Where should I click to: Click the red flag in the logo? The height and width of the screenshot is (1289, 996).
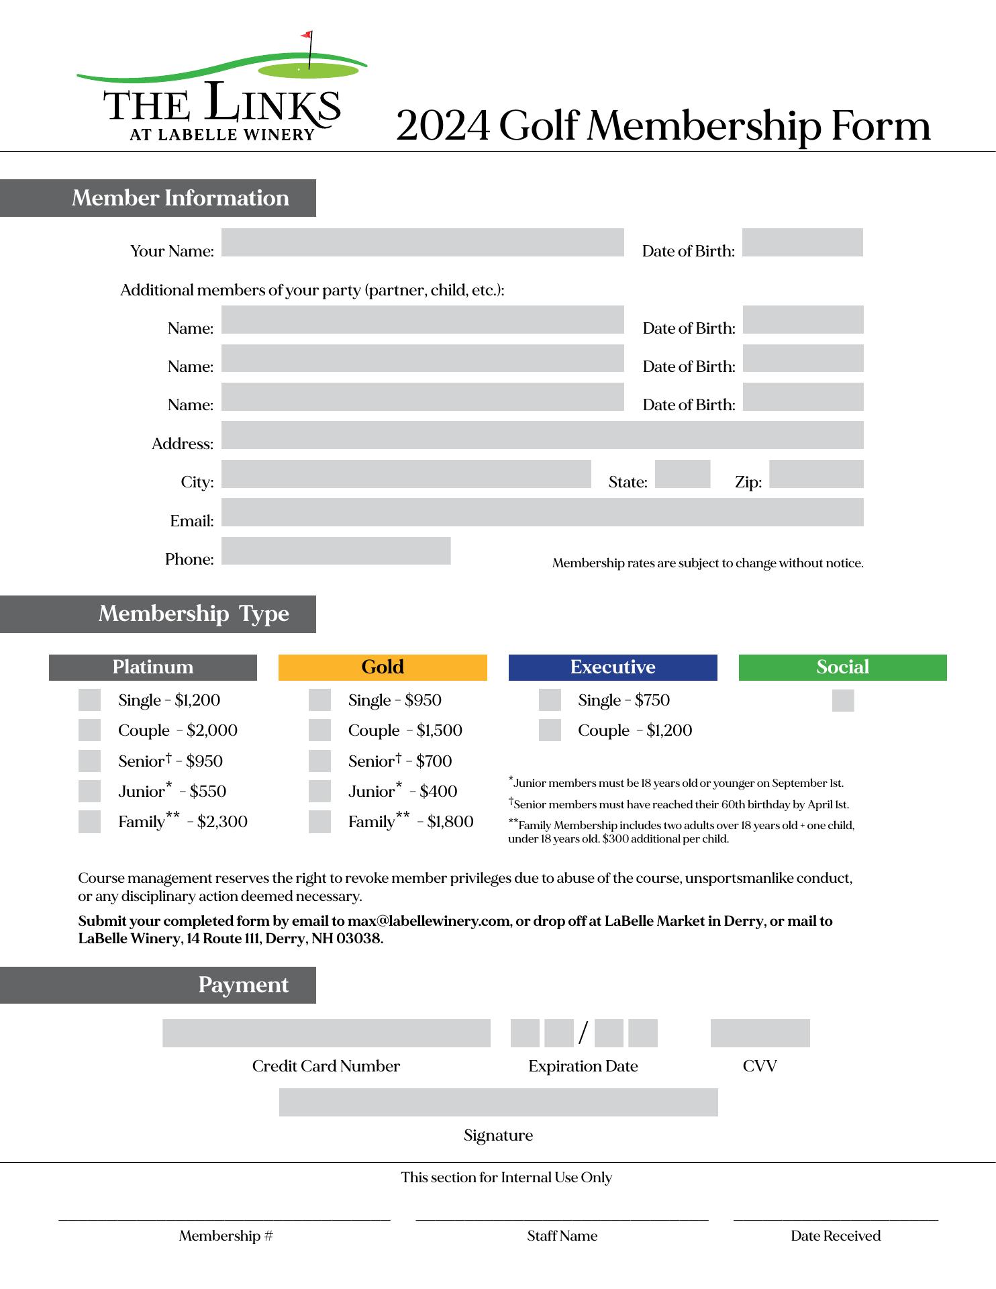pyautogui.click(x=307, y=34)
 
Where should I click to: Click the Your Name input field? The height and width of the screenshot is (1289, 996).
pyautogui.click(x=422, y=242)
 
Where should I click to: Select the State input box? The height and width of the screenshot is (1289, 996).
pyautogui.click(x=682, y=474)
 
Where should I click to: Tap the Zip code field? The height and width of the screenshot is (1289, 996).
pyautogui.click(x=815, y=474)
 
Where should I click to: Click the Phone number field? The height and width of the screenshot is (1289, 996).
pyautogui.click(x=336, y=551)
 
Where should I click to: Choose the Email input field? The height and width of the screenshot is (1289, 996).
pyautogui.click(x=542, y=512)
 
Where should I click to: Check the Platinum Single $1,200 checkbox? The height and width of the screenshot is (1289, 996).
pyautogui.click(x=89, y=700)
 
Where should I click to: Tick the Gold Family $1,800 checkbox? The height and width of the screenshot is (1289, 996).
pyautogui.click(x=319, y=822)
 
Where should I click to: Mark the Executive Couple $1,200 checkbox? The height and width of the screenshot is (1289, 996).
pyautogui.click(x=550, y=730)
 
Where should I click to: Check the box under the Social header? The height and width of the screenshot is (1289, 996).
pyautogui.click(x=842, y=701)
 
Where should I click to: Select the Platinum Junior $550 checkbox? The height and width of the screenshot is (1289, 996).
pyautogui.click(x=89, y=792)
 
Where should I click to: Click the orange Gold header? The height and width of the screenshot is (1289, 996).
pyautogui.click(x=383, y=667)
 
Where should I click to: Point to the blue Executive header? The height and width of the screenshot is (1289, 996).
pyautogui.click(x=612, y=667)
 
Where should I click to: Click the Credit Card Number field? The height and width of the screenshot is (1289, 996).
pyautogui.click(x=326, y=1033)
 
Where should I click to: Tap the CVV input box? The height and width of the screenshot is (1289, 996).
pyautogui.click(x=760, y=1033)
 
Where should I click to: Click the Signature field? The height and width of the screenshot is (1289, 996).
pyautogui.click(x=498, y=1102)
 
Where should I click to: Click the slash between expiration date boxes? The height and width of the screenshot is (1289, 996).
pyautogui.click(x=583, y=1033)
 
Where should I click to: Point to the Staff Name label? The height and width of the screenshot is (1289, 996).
pyautogui.click(x=562, y=1236)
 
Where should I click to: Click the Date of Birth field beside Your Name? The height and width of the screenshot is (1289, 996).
pyautogui.click(x=802, y=242)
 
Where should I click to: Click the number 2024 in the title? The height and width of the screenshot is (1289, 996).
pyautogui.click(x=442, y=126)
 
